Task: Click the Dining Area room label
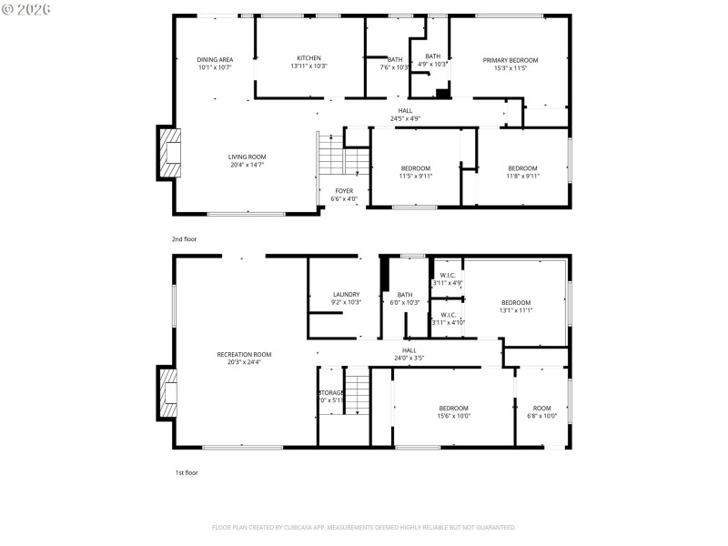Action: pos(215,60)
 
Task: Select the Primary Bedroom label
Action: pos(510,60)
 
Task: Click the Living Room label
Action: pos(247,157)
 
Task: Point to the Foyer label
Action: pos(344,191)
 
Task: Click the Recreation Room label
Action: pos(244,354)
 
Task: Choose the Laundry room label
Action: pos(346,294)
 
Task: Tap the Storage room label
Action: pos(330,393)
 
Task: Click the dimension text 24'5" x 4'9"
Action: pos(405,118)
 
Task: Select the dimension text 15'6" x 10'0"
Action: pos(454,416)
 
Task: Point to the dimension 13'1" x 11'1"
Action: pos(515,310)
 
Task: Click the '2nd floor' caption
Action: pos(185,238)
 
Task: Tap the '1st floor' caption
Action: pos(186,473)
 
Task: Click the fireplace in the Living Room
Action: pos(169,153)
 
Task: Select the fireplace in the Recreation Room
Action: pos(169,392)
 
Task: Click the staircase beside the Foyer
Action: pos(343,160)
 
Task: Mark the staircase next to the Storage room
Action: pos(358,393)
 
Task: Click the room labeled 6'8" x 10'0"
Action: pos(541,412)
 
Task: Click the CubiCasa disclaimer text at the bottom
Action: pos(364,527)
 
